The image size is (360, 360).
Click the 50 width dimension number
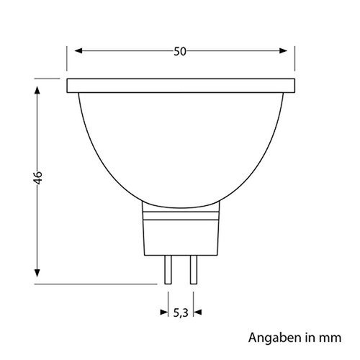click(179, 51)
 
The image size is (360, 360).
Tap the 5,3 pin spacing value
click(180, 312)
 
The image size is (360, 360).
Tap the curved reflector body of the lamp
click(180, 144)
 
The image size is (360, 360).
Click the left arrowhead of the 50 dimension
click(78, 51)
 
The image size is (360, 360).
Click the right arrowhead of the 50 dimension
click(282, 51)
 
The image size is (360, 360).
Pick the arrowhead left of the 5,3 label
click(163, 312)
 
